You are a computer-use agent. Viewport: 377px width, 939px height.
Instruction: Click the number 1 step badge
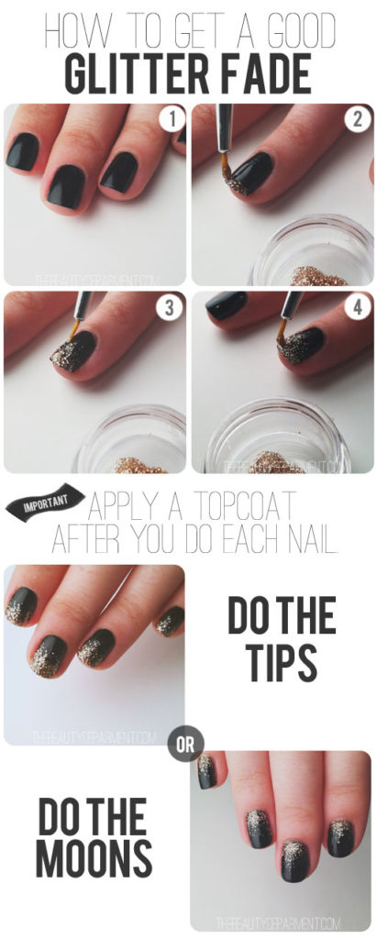pos(168,118)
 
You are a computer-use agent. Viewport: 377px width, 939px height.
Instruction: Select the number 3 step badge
pos(168,308)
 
